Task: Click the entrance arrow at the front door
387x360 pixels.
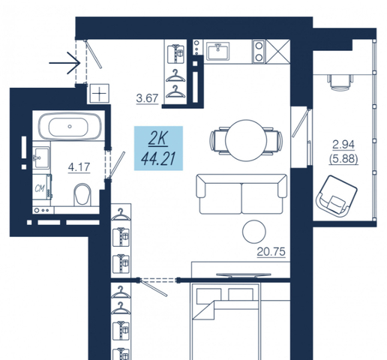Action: [x=64, y=63]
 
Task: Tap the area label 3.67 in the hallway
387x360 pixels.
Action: [x=147, y=98]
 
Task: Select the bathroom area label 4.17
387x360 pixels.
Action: [x=79, y=167]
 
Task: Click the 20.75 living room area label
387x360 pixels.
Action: [x=271, y=252]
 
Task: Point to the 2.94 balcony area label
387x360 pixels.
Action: [x=343, y=145]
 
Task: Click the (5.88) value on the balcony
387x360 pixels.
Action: [x=343, y=159]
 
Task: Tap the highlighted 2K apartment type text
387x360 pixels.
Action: [x=157, y=139]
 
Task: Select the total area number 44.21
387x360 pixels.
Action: [x=158, y=159]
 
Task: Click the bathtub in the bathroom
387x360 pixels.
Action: [x=70, y=126]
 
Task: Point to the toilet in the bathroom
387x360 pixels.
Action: [x=82, y=195]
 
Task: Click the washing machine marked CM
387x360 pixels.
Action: [x=42, y=187]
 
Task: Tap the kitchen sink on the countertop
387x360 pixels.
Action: [x=218, y=51]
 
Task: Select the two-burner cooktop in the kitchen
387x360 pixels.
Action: [x=259, y=51]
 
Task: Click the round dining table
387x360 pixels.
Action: [x=246, y=140]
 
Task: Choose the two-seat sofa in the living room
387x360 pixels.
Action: [x=241, y=194]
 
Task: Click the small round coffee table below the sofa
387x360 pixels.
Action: [x=254, y=232]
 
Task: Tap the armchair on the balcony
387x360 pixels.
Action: [x=337, y=196]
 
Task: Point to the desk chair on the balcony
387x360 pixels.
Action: [x=340, y=82]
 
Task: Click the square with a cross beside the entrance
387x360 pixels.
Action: [x=100, y=94]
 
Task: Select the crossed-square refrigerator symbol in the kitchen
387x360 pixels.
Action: [x=277, y=51]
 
